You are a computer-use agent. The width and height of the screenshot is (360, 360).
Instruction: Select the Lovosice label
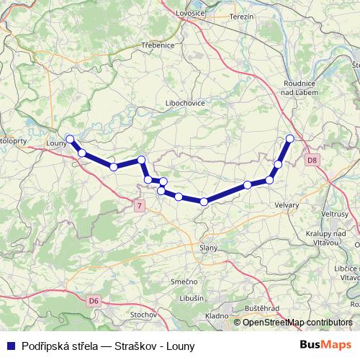[x=189, y=14]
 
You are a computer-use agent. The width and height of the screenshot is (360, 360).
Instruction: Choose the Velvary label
[x=287, y=205]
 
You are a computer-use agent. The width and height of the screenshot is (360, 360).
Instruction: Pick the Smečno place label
[x=185, y=281]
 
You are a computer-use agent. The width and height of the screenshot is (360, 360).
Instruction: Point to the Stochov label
[x=144, y=315]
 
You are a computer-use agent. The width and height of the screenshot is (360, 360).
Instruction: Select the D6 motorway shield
[x=94, y=300]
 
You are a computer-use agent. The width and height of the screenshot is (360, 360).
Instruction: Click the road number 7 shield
[x=139, y=207]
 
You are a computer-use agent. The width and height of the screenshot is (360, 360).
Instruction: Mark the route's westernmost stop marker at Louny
[x=70, y=139]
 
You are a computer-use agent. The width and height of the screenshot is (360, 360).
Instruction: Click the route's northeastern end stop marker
[x=290, y=138]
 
